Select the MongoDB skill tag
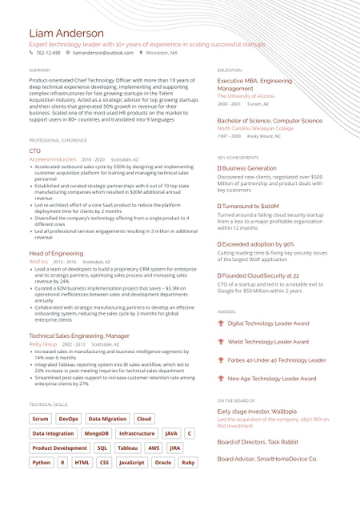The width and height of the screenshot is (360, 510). point(96,433)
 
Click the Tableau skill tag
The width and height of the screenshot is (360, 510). point(127,448)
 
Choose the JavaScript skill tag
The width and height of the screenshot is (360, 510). point(131,462)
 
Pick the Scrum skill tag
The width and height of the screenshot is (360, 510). point(40,419)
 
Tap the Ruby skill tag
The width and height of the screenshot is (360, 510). point(188,462)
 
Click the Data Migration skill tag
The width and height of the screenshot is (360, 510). point(107,419)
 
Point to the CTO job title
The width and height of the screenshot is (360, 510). point(34,151)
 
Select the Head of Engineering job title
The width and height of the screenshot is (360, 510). point(56,253)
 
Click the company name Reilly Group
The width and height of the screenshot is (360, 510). point(43,343)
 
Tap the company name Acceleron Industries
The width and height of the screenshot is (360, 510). point(53,159)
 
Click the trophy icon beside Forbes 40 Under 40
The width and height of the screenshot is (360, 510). point(221,360)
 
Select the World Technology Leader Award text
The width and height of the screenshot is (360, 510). point(268,342)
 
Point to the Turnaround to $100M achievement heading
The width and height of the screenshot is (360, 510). point(250,206)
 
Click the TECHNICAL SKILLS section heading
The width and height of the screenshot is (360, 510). point(49,405)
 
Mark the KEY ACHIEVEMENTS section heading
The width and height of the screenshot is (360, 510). point(238,158)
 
